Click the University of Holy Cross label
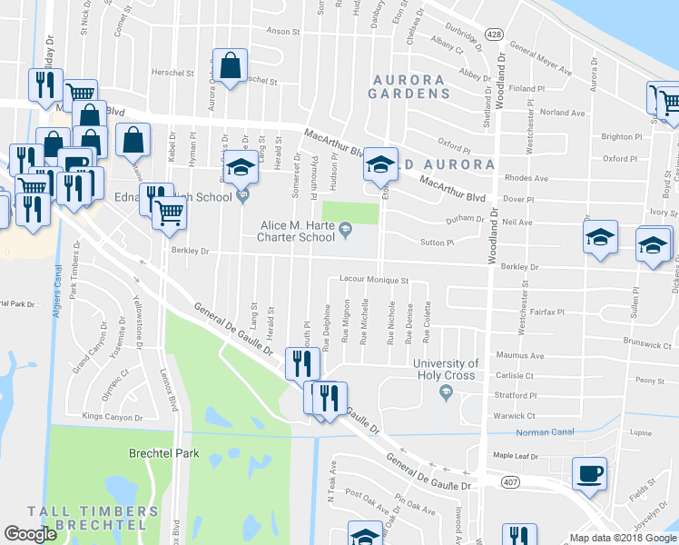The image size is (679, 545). pyautogui.click(x=446, y=369)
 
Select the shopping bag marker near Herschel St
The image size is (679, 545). pyautogui.click(x=231, y=65)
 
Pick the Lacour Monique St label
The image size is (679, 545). pyautogui.click(x=375, y=281)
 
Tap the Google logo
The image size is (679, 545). pyautogui.click(x=31, y=534)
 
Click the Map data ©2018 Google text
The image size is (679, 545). pyautogui.click(x=623, y=538)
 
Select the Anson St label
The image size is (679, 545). pyautogui.click(x=283, y=32)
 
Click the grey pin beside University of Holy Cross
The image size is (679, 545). pyautogui.click(x=445, y=392)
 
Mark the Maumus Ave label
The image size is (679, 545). pyautogui.click(x=519, y=355)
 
